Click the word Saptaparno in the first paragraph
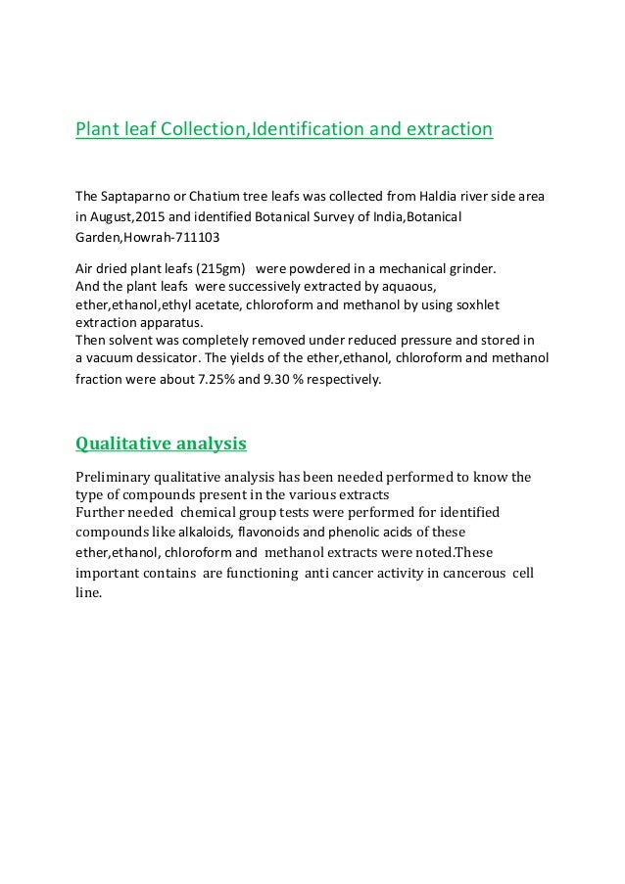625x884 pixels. point(136,196)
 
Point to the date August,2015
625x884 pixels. point(129,215)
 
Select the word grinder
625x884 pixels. point(474,267)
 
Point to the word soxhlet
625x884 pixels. point(476,304)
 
